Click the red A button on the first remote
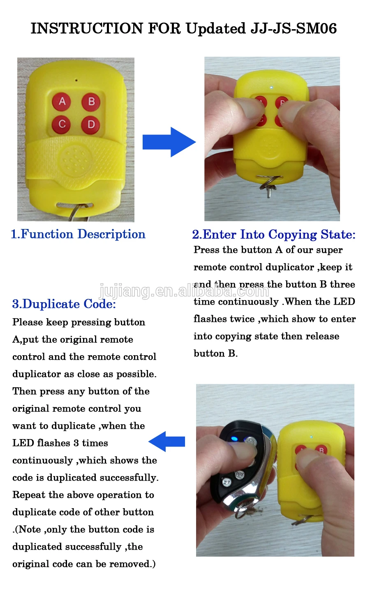pyautogui.click(x=62, y=101)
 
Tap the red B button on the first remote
pyautogui.click(x=91, y=101)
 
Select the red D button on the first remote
pyautogui.click(x=91, y=124)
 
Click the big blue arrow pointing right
pyautogui.click(x=169, y=142)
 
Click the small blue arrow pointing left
pyautogui.click(x=166, y=442)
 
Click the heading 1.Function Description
pyautogui.click(x=78, y=234)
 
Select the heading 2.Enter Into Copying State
pyautogui.click(x=273, y=234)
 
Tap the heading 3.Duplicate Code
pyautogui.click(x=64, y=304)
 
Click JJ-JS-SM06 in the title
pyautogui.click(x=294, y=28)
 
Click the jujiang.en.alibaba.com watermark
pyautogui.click(x=184, y=291)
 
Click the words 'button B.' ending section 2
pyautogui.click(x=215, y=354)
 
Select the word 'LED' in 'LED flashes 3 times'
pyautogui.click(x=23, y=443)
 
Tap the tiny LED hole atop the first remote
pyautogui.click(x=76, y=80)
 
